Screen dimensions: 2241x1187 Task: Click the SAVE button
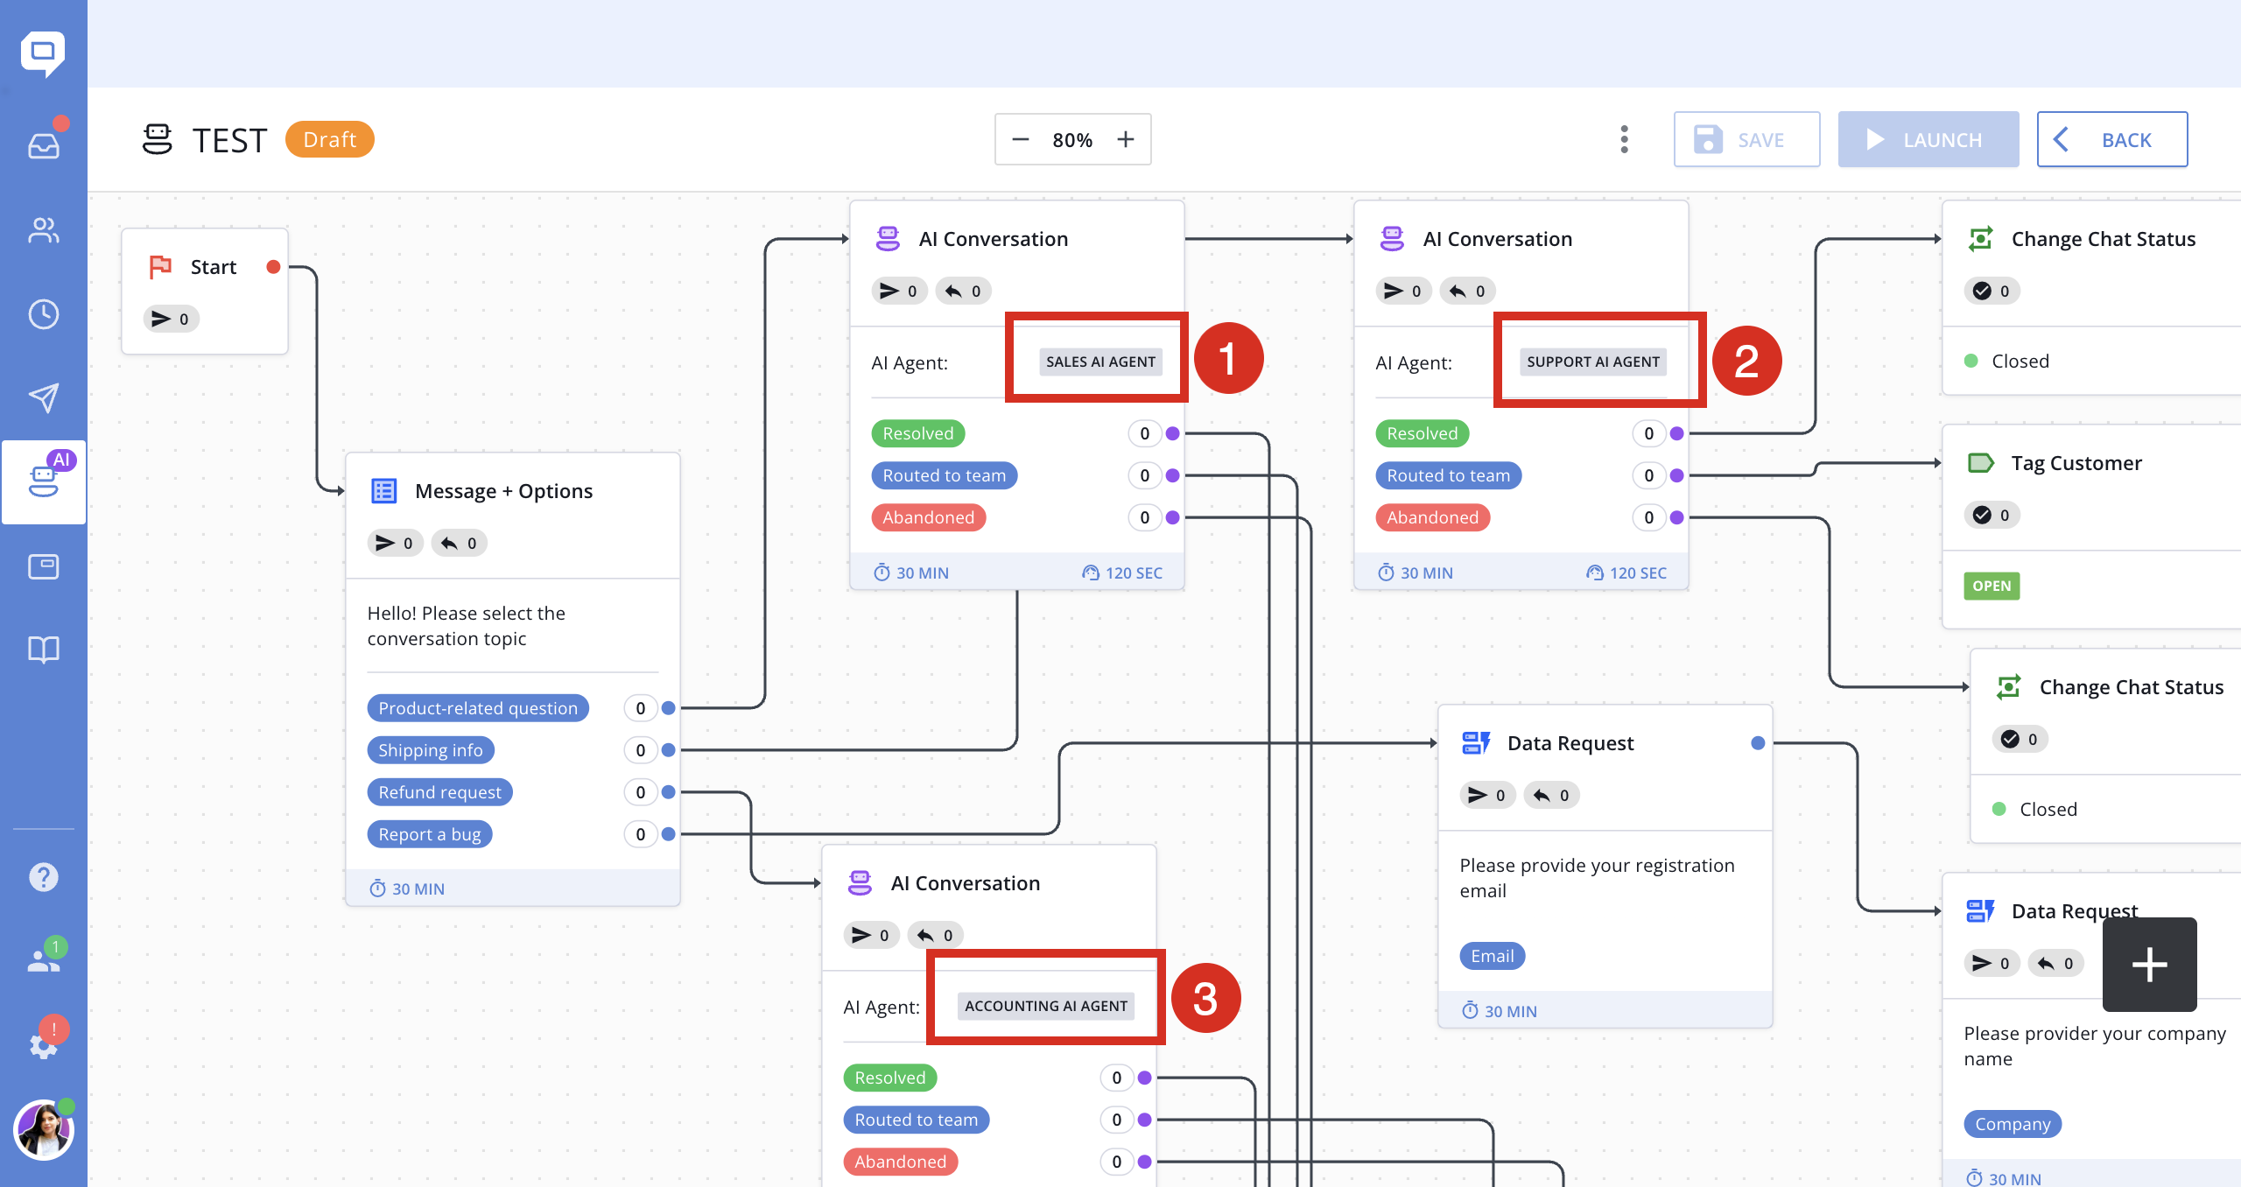pos(1746,139)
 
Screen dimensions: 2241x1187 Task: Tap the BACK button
pos(2111,139)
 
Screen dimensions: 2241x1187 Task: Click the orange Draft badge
pos(329,139)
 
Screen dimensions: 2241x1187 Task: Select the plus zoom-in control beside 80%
pos(1126,139)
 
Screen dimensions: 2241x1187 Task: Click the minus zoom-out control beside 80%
pos(1021,139)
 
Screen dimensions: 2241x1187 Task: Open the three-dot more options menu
pos(1625,139)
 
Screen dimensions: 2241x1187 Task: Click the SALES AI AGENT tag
pos(1100,362)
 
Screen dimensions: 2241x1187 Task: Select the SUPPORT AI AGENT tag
pos(1593,362)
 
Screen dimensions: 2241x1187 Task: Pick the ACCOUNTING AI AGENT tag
pos(1046,1006)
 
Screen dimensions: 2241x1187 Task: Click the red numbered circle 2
pos(1746,361)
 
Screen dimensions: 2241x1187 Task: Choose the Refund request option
pos(439,792)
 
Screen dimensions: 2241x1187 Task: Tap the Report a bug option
pos(430,834)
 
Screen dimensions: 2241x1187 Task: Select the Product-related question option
pos(478,708)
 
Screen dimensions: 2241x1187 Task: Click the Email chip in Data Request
pos(1493,956)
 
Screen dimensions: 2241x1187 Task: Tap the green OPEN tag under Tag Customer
pos(1992,586)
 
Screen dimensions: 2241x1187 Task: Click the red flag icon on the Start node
pos(160,267)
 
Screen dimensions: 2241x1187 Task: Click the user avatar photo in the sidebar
pos(43,1129)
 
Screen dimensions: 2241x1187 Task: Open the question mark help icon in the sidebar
pos(44,876)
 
